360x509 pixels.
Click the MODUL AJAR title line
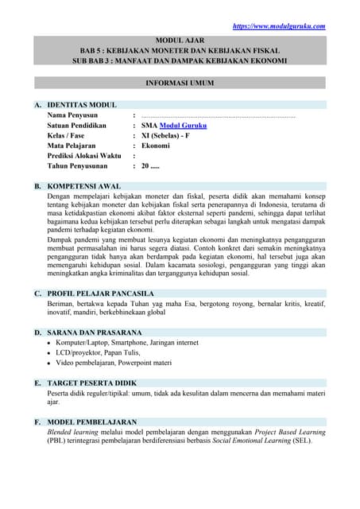[179, 38]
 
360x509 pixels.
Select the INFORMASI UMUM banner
[179, 83]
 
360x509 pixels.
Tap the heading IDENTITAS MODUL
[82, 105]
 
